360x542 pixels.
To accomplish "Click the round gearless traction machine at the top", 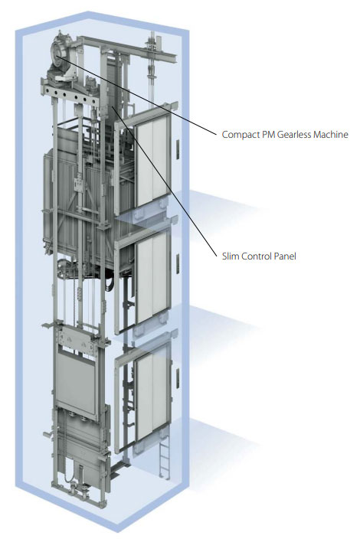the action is tap(61, 55).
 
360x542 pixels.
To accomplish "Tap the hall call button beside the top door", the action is tap(178, 149).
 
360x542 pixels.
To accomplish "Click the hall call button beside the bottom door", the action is tap(178, 378).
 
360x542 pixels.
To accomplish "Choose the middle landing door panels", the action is tap(152, 278).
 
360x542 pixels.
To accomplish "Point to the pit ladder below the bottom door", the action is tap(165, 461).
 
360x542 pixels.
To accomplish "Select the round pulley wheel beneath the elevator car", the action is tap(64, 267).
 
